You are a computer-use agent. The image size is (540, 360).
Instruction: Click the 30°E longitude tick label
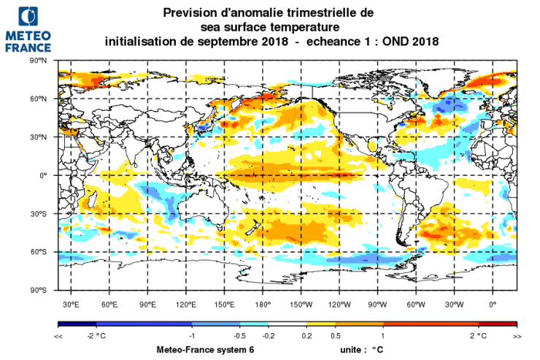(x=71, y=304)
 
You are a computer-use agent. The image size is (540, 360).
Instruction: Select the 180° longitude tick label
(x=263, y=304)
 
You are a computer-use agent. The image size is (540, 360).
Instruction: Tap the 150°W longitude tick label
(x=301, y=304)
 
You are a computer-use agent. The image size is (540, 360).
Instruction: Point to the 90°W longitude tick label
(x=377, y=304)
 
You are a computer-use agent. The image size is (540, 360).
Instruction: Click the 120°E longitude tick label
(x=186, y=304)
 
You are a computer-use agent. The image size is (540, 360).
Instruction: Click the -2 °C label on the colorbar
(x=97, y=335)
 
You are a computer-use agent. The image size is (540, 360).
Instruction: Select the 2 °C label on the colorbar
(x=478, y=335)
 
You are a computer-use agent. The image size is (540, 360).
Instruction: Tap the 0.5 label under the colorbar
(x=336, y=335)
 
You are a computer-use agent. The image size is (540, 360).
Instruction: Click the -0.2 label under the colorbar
(x=269, y=335)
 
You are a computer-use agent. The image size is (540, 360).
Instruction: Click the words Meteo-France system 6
(x=205, y=350)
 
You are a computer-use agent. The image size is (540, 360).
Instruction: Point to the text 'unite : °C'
(x=361, y=350)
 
